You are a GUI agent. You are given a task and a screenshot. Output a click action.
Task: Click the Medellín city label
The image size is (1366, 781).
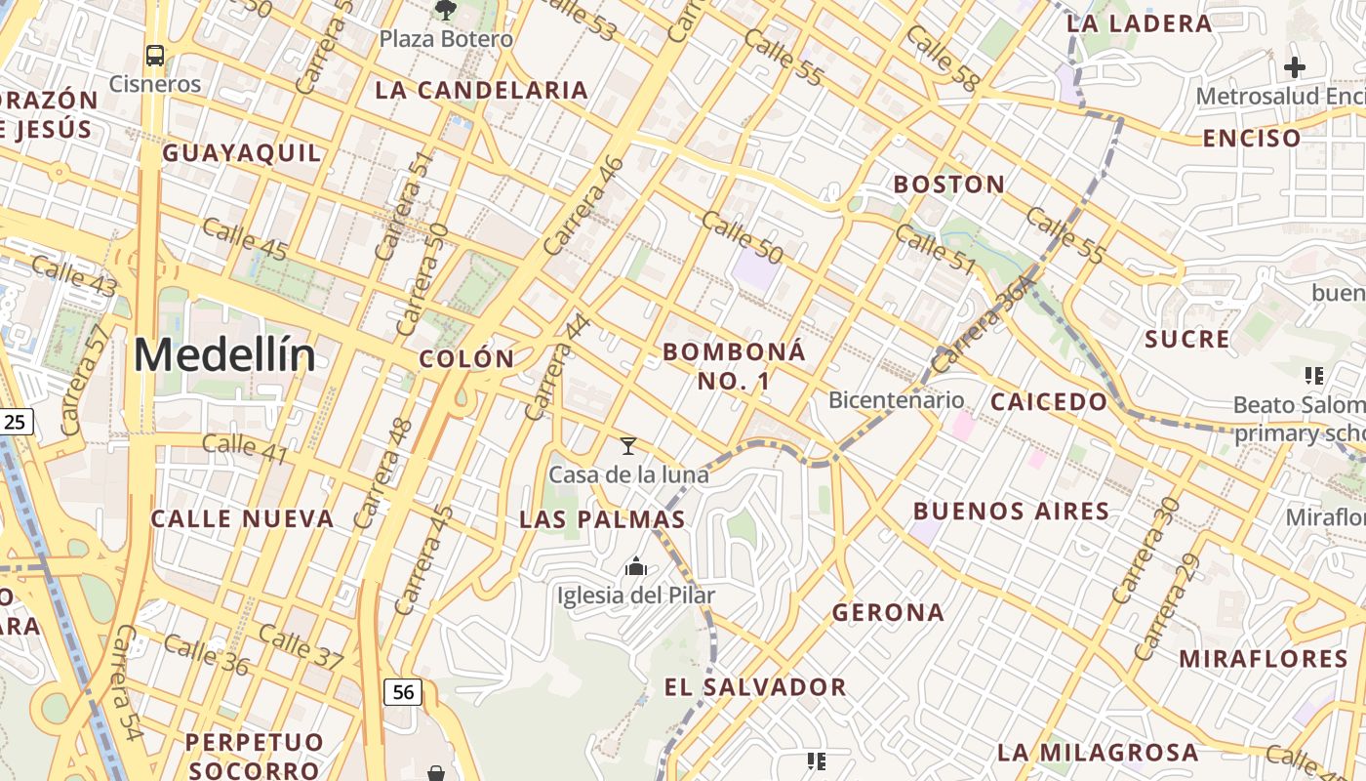[224, 355]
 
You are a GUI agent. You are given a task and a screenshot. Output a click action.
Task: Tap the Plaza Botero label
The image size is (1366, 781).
[446, 39]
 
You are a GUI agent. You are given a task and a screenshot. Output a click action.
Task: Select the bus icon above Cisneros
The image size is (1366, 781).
[155, 55]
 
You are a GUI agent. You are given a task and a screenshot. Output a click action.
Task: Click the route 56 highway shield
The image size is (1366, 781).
[403, 692]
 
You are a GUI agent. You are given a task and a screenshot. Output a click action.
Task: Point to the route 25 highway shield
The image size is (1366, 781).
[16, 423]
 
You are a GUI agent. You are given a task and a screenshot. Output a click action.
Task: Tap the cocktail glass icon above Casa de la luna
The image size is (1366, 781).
[628, 446]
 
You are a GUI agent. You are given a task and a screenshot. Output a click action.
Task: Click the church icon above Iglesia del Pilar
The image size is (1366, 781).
[636, 566]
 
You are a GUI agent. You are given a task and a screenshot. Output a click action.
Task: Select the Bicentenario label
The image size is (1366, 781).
[896, 400]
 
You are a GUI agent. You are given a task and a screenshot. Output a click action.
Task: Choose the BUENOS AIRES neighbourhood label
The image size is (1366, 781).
[1011, 511]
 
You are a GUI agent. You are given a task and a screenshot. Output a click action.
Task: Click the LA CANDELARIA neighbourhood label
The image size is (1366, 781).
[482, 91]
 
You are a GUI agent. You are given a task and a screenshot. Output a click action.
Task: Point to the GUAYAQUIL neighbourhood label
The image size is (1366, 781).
[241, 153]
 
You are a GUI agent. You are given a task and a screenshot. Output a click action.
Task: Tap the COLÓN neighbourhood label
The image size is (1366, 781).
[466, 358]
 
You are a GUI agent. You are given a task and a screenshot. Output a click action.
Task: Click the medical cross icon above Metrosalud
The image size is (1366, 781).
[1295, 67]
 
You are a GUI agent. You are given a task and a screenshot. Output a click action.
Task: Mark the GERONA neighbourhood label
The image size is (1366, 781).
[888, 612]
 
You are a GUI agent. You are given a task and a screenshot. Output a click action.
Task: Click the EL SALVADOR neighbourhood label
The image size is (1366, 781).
[755, 686]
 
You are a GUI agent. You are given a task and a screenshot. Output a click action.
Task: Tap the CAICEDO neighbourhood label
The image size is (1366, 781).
[1049, 401]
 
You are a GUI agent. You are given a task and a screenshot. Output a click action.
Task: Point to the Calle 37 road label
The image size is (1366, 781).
[301, 647]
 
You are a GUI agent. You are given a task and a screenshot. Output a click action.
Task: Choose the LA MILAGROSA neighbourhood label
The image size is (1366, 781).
[1098, 753]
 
